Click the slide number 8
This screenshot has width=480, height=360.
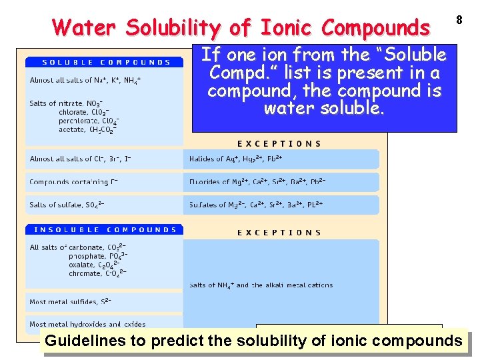click(x=459, y=20)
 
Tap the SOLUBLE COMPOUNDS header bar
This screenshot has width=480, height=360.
click(x=105, y=63)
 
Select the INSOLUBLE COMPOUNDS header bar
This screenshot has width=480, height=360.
click(x=105, y=230)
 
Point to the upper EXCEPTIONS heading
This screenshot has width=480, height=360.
click(x=279, y=143)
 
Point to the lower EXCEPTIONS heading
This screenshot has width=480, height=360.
click(x=279, y=233)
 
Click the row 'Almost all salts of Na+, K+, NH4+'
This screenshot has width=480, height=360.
click(x=85, y=80)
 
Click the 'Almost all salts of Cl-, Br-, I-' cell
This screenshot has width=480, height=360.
click(x=80, y=159)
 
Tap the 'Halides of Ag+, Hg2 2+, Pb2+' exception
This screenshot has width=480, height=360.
click(x=235, y=159)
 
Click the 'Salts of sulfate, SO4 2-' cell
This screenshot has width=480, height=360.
click(x=67, y=205)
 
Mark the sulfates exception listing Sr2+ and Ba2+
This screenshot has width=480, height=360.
click(x=256, y=205)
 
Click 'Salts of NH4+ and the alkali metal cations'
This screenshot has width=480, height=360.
click(x=261, y=285)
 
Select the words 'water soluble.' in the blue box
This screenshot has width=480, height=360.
click(x=324, y=108)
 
